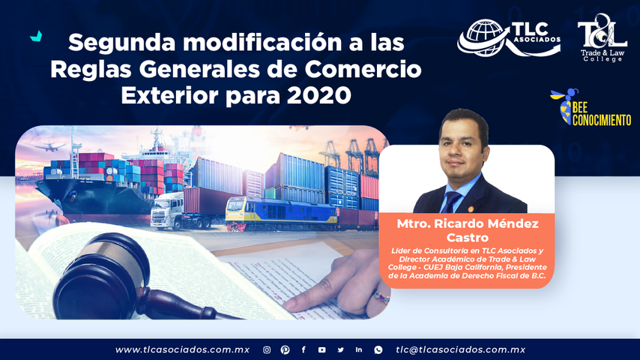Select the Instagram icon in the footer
tap(267, 349)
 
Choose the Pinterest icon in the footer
tap(285, 349)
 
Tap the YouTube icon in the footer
tap(321, 349)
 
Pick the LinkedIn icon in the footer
tap(359, 349)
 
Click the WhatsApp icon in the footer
tap(378, 349)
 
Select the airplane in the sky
tap(53, 147)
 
